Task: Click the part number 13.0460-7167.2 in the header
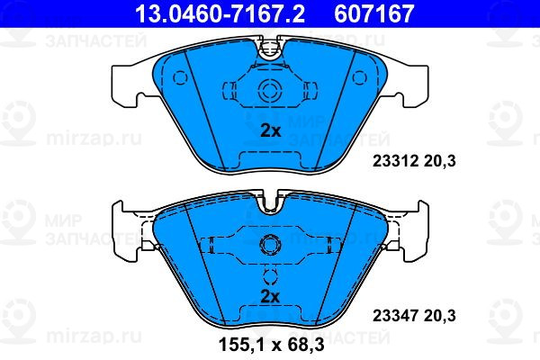click(220, 13)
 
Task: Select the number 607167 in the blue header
click(374, 13)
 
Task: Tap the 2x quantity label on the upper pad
click(270, 130)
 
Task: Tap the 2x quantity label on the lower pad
click(270, 296)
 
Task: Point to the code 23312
click(395, 161)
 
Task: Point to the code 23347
click(395, 316)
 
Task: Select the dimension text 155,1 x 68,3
click(272, 345)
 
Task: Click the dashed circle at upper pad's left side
click(180, 78)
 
